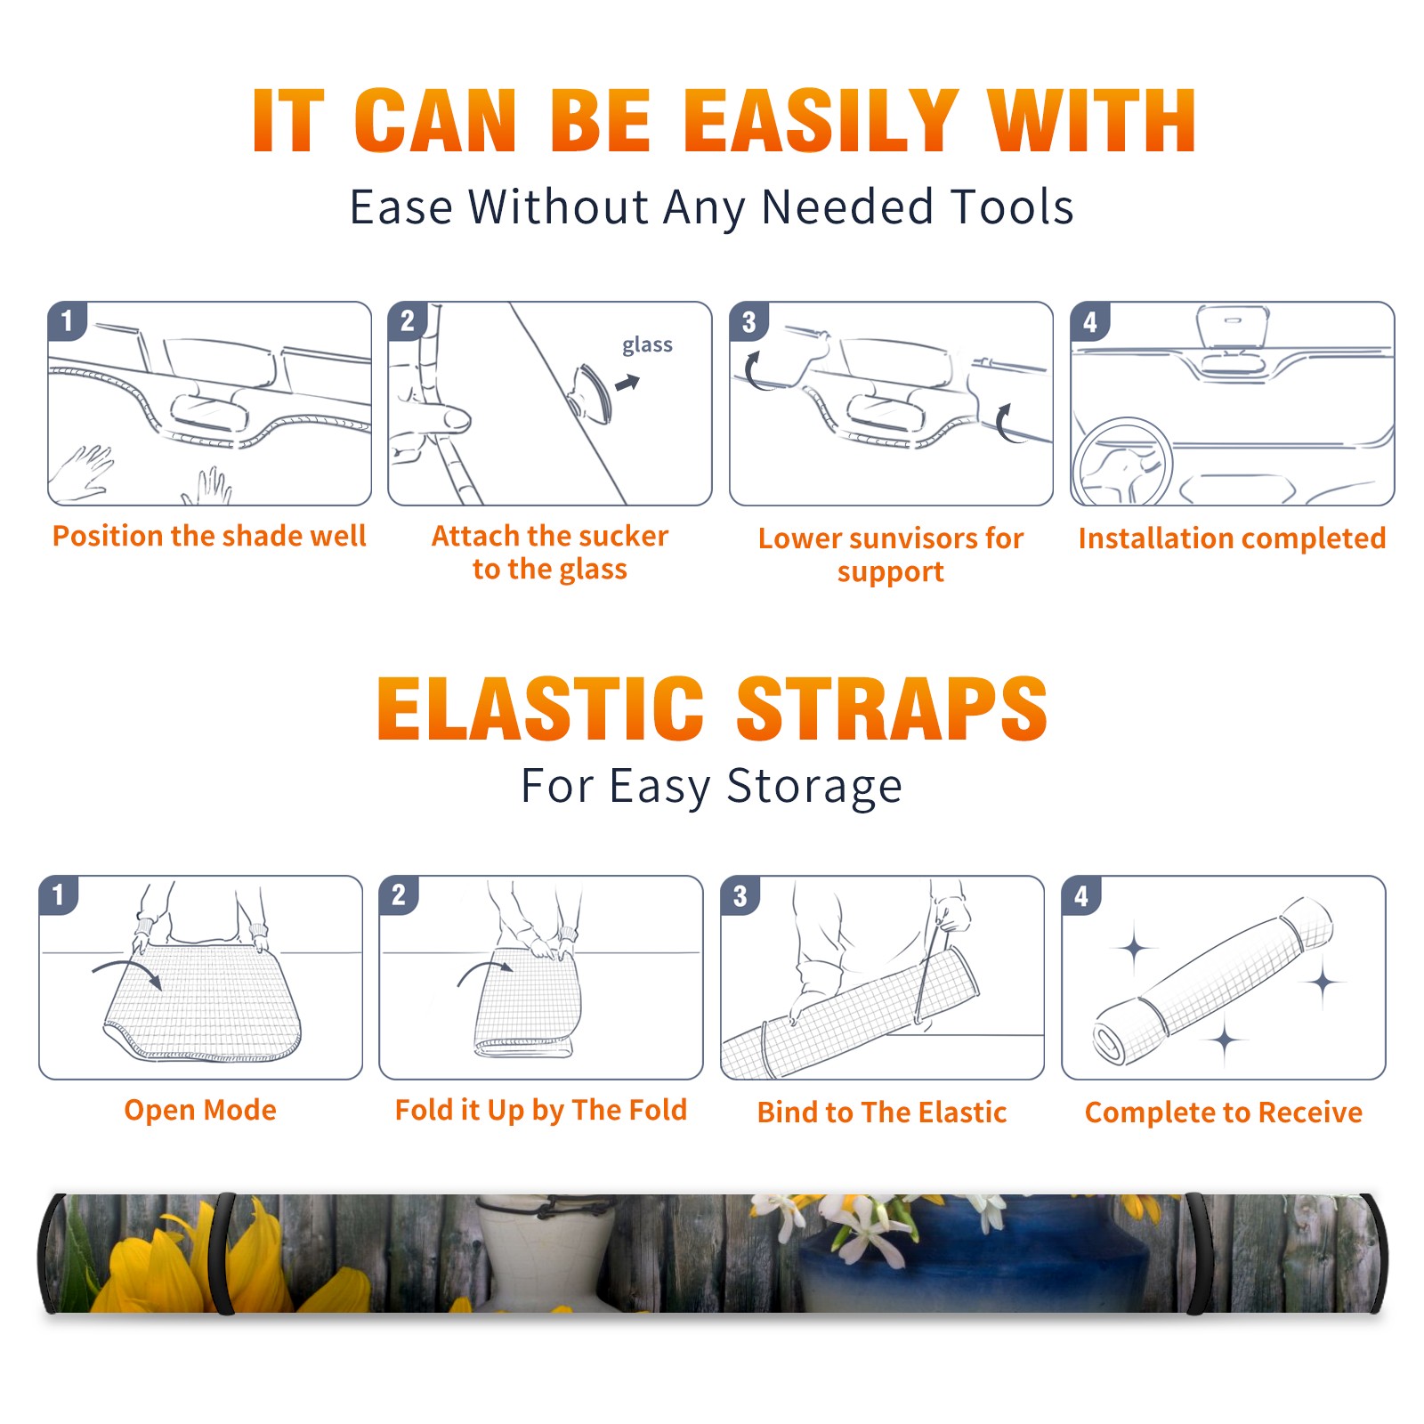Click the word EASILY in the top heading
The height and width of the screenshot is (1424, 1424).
point(821,121)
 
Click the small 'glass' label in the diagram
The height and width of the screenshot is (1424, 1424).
point(647,345)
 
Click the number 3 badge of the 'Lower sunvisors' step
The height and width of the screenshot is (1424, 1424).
point(748,321)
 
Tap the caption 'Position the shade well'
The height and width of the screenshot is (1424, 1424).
point(209,536)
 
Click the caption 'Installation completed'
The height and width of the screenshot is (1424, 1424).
point(1232,538)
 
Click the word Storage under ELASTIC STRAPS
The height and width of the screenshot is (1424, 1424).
point(814,787)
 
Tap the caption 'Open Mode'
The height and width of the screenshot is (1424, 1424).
point(200,1110)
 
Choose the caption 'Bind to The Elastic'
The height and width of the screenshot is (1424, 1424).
point(882,1112)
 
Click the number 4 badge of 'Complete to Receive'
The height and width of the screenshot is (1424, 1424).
point(1081,895)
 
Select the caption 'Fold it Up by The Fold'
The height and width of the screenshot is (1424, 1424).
point(541,1110)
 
